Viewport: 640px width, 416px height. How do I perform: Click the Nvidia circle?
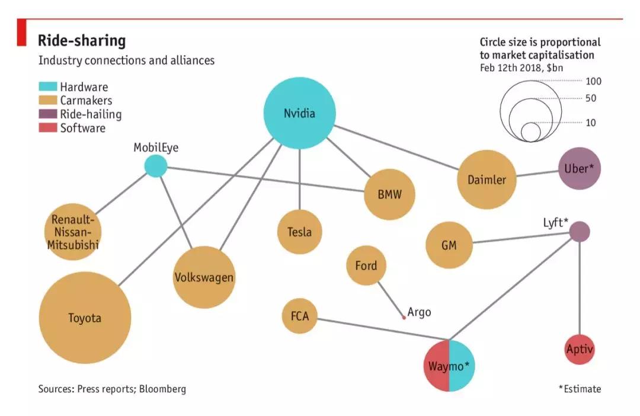300,113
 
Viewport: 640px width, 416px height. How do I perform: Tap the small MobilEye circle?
156,166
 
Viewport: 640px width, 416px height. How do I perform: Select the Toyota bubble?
85,318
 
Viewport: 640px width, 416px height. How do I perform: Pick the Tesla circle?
300,232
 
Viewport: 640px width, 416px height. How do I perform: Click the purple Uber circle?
580,168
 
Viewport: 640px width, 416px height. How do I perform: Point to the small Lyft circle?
580,232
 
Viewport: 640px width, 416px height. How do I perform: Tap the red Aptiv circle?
580,349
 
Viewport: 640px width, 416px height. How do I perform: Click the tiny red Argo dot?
404,317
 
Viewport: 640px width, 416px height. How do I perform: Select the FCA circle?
300,316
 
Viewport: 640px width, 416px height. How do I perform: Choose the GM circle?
449,245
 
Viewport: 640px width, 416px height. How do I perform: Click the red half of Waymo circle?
436,366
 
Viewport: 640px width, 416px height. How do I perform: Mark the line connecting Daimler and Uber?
537,174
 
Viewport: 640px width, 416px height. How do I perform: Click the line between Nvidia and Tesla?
300,180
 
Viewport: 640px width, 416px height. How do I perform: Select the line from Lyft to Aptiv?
580,288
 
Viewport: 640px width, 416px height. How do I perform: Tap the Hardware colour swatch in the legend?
48,87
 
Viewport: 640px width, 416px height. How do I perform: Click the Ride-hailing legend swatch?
48,114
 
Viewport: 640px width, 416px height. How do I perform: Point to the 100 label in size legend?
593,81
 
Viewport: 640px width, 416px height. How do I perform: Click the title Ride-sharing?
82,40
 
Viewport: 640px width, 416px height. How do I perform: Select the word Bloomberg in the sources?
162,389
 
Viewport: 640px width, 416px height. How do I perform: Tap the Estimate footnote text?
580,389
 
